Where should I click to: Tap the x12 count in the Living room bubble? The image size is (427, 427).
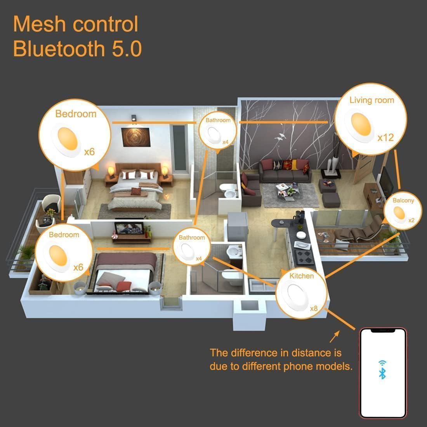point(385,137)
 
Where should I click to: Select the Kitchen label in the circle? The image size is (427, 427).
point(302,276)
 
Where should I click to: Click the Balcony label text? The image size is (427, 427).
point(403,200)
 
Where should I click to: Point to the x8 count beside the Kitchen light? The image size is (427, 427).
point(314,309)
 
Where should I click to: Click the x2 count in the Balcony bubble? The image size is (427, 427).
point(411,220)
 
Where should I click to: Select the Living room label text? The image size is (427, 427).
point(371,100)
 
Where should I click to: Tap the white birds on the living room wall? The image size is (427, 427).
point(280,136)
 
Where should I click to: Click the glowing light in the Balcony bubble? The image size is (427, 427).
point(399,213)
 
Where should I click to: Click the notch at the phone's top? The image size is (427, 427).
point(383,331)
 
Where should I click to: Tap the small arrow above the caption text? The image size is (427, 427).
point(333,337)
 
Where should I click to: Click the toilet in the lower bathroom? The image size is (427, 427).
point(229,276)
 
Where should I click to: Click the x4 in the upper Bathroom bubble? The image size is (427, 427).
point(225,142)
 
